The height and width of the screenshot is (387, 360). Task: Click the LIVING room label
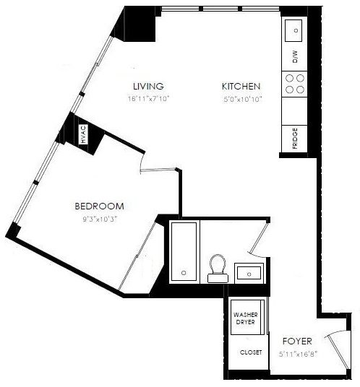pos(148,86)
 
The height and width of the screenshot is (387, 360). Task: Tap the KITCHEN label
pos(241,87)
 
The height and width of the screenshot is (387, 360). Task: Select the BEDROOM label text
pos(99,206)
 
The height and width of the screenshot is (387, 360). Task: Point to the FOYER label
pos(297,341)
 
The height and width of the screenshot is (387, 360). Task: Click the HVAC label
pos(84,134)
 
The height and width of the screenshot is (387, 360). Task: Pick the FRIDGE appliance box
pos(294,139)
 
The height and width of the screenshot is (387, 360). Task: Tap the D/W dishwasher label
pos(295,57)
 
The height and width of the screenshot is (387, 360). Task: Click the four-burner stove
pos(294,84)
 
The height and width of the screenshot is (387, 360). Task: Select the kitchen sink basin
pos(293,30)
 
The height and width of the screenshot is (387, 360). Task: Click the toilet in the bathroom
pos(218,269)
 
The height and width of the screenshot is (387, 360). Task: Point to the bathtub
pos(184,251)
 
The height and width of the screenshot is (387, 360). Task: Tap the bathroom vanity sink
pos(249,273)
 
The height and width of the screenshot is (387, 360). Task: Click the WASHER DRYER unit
pos(246,318)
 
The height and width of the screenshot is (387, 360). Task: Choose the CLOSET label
pos(251,352)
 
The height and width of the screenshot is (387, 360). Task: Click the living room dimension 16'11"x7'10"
pos(148,99)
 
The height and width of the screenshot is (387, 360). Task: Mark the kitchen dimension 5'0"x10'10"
pos(242,99)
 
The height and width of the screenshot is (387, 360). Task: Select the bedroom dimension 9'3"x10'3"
pos(100,219)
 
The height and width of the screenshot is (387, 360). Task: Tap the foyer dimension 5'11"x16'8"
pos(298,355)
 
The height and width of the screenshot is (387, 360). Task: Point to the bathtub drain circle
pos(184,273)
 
